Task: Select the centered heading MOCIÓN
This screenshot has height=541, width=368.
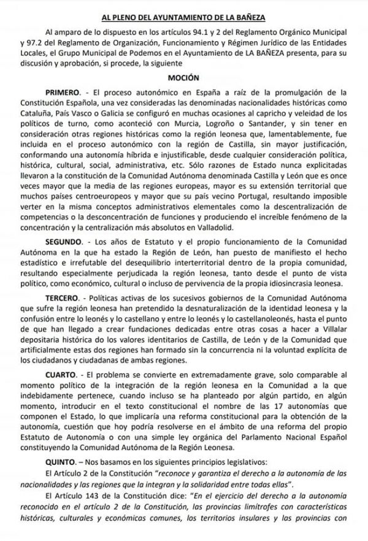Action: point(183,79)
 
